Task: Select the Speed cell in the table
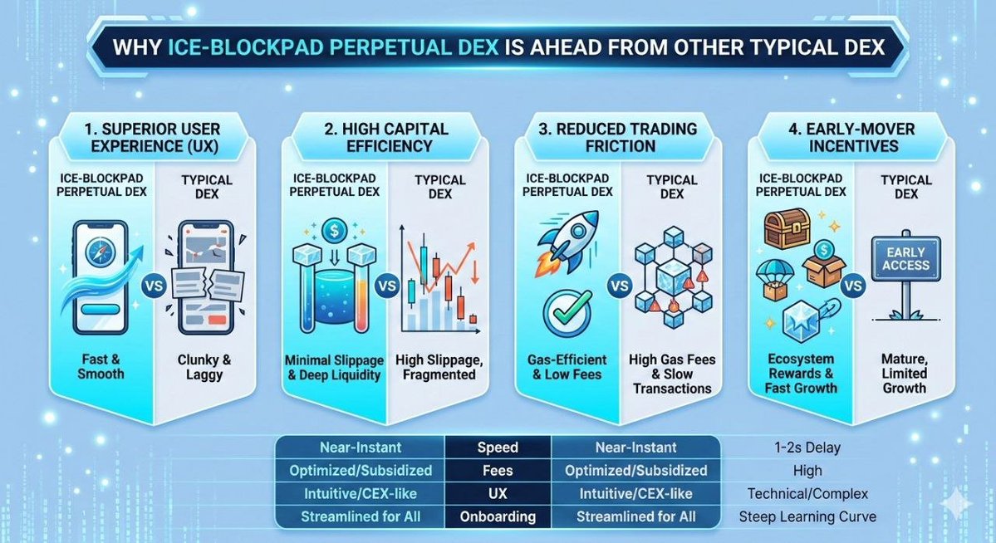[498, 448]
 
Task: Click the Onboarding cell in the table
[498, 516]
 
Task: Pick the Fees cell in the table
[498, 471]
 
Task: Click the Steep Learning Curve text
[807, 516]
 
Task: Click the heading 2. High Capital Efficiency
[385, 137]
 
